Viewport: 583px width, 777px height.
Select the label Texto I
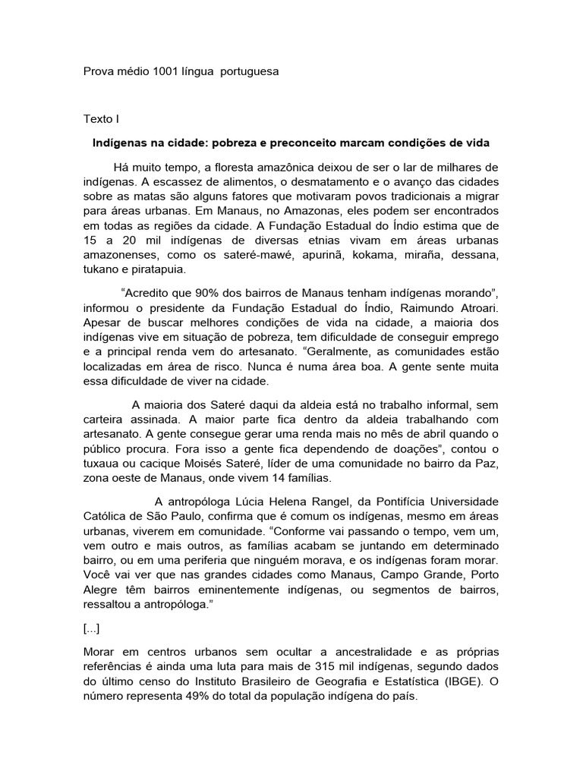coord(101,119)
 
